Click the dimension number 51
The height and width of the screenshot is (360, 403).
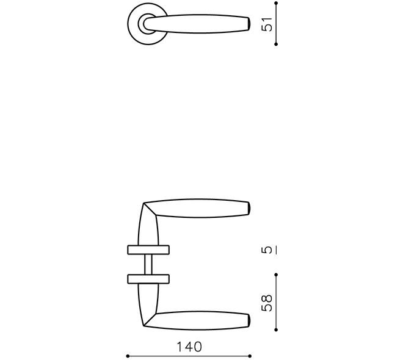(266, 24)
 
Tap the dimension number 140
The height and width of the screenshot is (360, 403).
(189, 347)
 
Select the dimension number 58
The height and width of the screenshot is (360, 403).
(266, 303)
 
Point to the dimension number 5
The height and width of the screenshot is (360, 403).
(266, 250)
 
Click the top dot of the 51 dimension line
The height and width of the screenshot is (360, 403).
(276, 3)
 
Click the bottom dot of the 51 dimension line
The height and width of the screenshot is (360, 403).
(276, 44)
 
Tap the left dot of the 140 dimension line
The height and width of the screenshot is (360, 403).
(128, 356)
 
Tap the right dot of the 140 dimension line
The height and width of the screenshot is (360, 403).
(250, 356)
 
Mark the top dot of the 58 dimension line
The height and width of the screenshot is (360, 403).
(276, 275)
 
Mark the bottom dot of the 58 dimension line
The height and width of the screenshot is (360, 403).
(276, 329)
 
